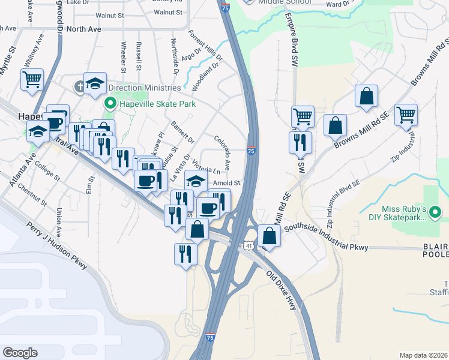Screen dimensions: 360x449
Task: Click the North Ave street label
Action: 84,28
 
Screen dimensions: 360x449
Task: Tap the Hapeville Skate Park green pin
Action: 110,103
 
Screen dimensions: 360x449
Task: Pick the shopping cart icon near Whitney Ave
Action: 32,79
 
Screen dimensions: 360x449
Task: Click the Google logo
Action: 20,353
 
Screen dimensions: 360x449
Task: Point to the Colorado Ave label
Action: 223,152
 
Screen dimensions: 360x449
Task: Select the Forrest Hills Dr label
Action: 206,46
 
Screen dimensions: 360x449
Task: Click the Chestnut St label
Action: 32,194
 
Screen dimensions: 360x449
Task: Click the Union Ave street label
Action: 59,223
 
